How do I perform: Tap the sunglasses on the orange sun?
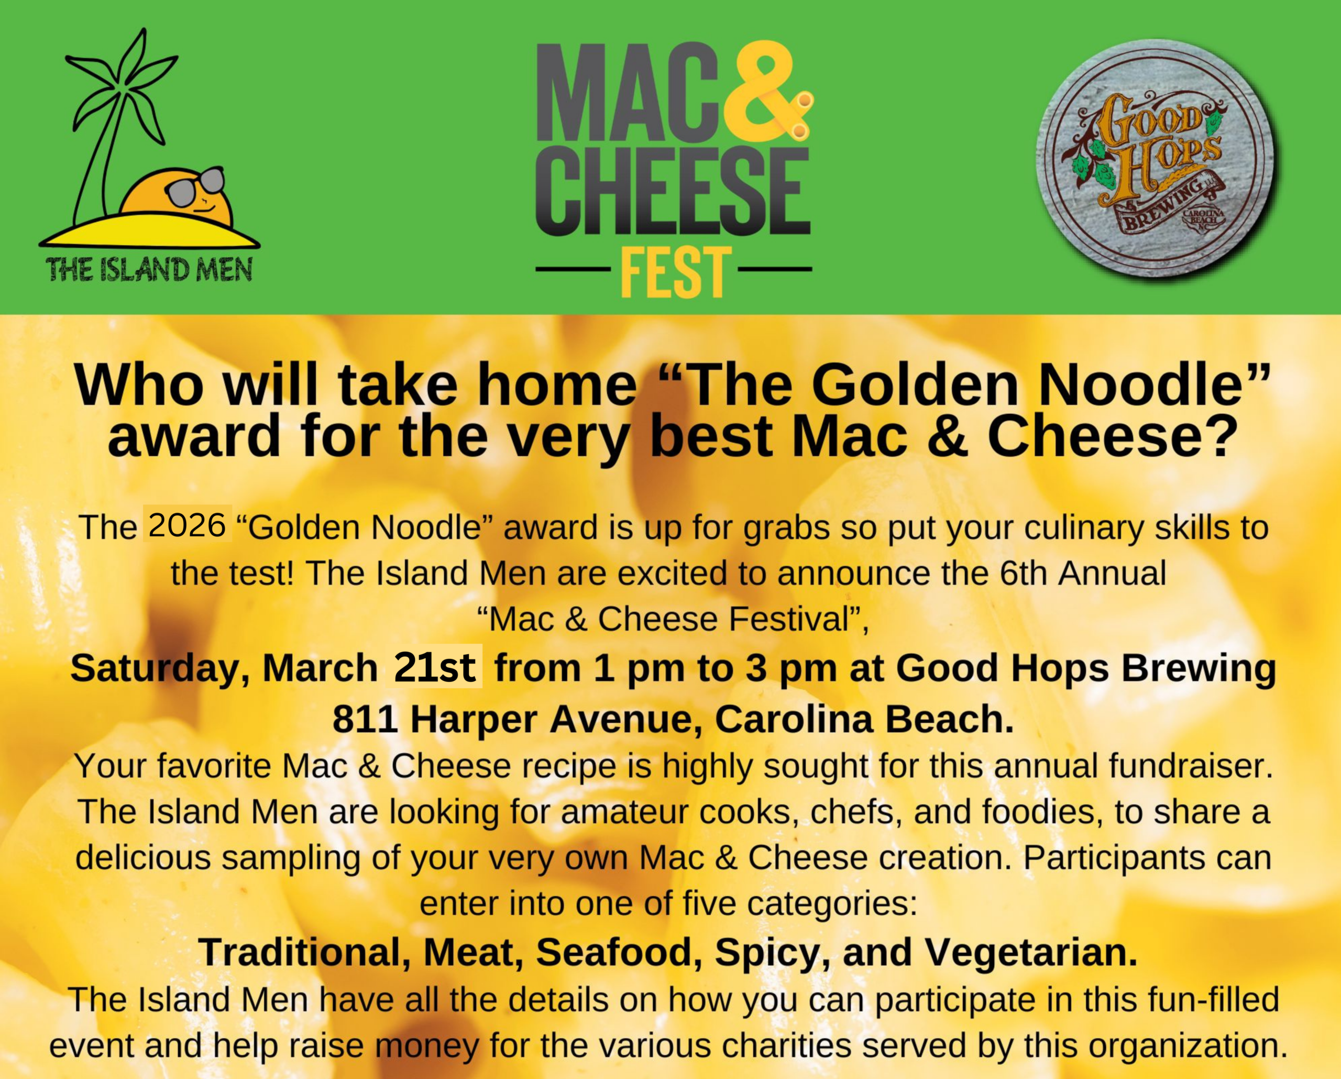tap(196, 186)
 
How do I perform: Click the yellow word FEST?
tap(674, 272)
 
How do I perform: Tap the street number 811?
tap(365, 720)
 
